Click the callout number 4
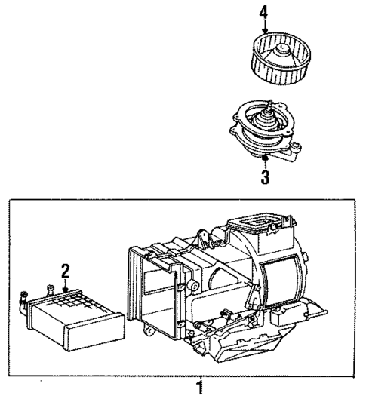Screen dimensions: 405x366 263,12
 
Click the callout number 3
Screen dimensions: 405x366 264,178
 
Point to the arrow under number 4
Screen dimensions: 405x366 264,26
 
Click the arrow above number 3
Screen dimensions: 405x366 264,163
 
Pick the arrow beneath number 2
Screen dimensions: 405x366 66,284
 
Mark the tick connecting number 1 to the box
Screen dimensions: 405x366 199,378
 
